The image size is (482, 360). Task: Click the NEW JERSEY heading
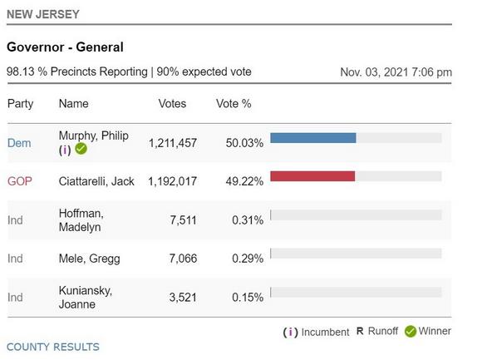tap(43, 14)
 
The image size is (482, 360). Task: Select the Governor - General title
tap(65, 47)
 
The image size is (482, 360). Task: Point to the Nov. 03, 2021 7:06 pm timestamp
tap(396, 72)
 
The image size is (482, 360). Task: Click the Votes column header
tap(172, 104)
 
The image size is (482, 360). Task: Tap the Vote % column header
tap(234, 104)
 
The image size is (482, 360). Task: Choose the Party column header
tap(20, 104)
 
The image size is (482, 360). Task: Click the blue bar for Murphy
tap(313, 138)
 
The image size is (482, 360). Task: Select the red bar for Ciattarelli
tap(312, 176)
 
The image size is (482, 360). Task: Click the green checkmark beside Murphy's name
tap(81, 149)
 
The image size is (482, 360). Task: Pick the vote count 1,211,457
tap(173, 143)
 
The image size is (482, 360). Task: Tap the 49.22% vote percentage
tap(244, 181)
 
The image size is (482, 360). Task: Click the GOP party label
tap(20, 181)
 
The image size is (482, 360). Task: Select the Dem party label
tap(19, 143)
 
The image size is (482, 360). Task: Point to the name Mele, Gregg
tap(90, 259)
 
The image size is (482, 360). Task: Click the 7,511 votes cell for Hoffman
tap(183, 220)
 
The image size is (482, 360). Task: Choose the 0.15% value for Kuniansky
tap(248, 298)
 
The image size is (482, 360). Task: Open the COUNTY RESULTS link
tap(53, 347)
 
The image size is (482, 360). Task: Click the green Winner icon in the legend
tap(411, 332)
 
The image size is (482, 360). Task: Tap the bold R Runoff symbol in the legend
tap(360, 331)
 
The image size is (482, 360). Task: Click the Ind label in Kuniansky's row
tap(15, 298)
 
